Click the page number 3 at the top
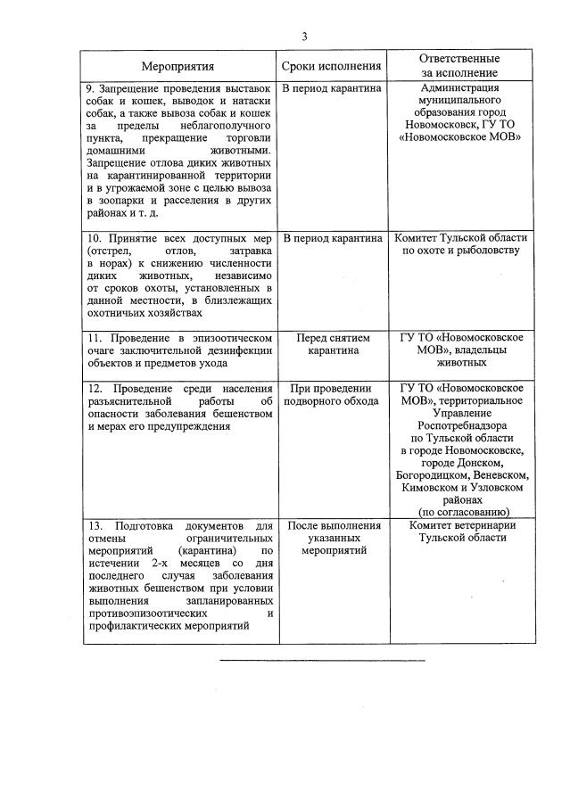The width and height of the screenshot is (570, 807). (304, 37)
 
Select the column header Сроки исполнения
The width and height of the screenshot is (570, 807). (331, 66)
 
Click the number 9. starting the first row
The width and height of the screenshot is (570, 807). (91, 89)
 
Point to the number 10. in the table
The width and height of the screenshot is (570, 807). (94, 239)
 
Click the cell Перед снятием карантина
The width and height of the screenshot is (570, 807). (332, 344)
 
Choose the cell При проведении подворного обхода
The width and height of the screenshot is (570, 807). (332, 394)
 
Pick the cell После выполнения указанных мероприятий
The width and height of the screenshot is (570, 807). (332, 539)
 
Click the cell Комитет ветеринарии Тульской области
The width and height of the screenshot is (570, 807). (462, 532)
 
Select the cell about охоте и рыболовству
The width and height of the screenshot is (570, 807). (460, 245)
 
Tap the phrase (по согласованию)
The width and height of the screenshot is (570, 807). (463, 512)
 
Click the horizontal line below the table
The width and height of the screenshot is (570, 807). (321, 660)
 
